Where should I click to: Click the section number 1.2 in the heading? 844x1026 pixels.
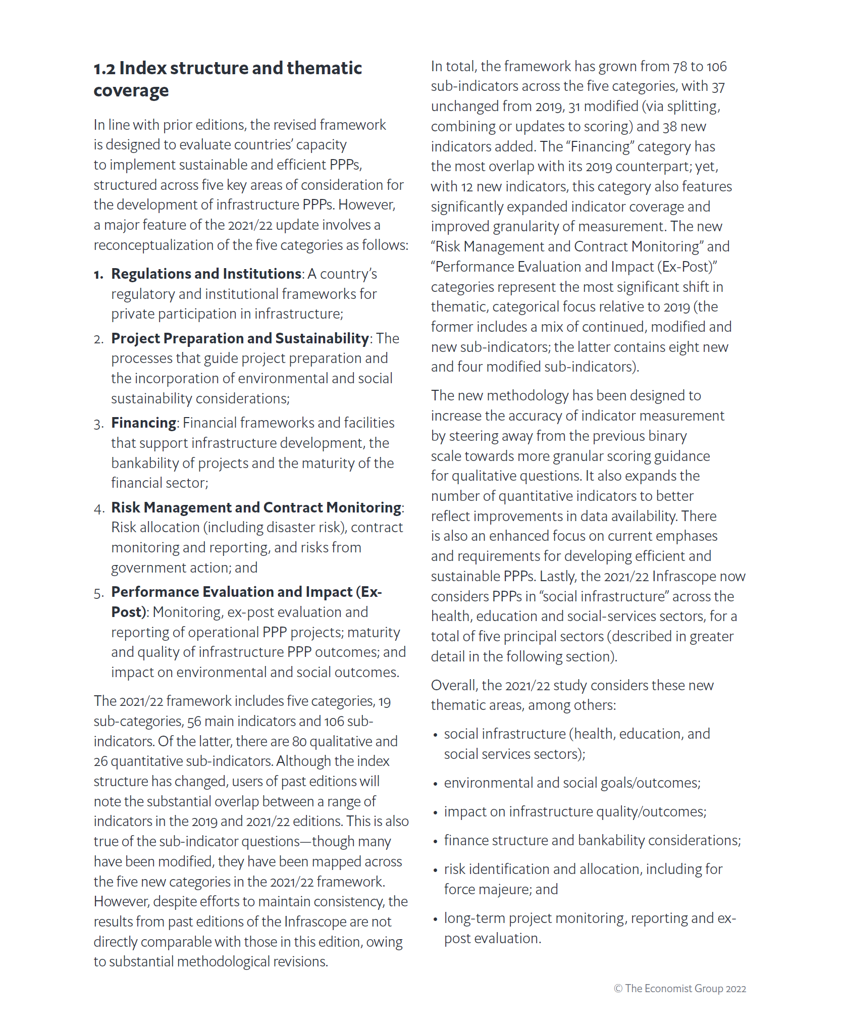pyautogui.click(x=104, y=69)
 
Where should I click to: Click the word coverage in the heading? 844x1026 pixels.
pyautogui.click(x=131, y=91)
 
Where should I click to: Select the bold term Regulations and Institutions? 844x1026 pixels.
pyautogui.click(x=206, y=274)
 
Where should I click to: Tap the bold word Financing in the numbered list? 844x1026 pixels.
pyautogui.click(x=143, y=423)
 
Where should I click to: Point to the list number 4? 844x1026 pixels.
pyautogui.click(x=98, y=508)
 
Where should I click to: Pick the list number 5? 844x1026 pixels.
pyautogui.click(x=98, y=593)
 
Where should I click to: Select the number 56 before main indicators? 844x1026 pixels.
pyautogui.click(x=194, y=722)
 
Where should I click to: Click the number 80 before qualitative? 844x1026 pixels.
pyautogui.click(x=299, y=742)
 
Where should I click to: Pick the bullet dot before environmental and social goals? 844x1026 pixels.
pyautogui.click(x=435, y=784)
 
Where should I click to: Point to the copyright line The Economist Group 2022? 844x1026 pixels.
pyautogui.click(x=679, y=989)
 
